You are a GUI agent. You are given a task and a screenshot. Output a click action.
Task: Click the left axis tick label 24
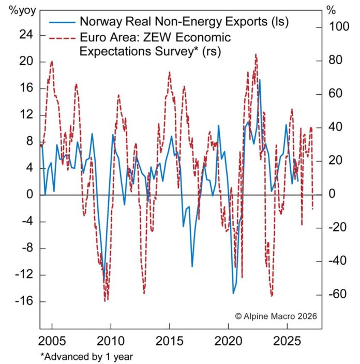coord(25,35)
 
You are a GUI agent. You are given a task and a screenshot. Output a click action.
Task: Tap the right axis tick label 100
coord(339,26)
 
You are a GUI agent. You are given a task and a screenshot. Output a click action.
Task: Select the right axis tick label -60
coord(338,295)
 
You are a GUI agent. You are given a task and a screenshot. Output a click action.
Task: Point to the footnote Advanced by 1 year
coord(87,356)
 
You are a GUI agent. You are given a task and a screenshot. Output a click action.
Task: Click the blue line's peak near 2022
coord(259,80)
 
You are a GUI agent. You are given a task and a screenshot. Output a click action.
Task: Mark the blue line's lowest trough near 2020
coord(233,293)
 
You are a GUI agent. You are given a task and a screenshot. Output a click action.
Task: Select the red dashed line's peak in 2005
coord(52,61)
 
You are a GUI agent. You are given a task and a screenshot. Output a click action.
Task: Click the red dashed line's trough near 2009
coord(106,300)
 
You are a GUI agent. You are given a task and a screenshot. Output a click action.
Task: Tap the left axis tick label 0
coord(29,195)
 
